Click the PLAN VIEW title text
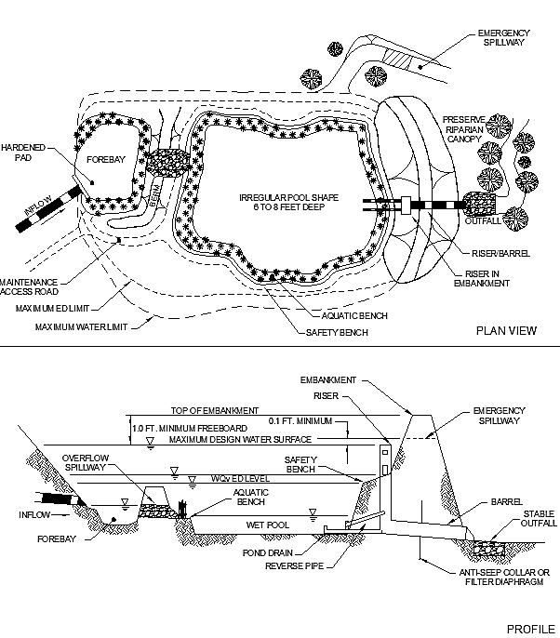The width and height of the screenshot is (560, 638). pyautogui.click(x=506, y=330)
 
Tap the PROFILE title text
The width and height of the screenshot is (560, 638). pyautogui.click(x=529, y=630)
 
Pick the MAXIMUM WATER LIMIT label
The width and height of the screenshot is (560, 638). pyautogui.click(x=82, y=326)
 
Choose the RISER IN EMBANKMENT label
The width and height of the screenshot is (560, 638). pyautogui.click(x=485, y=278)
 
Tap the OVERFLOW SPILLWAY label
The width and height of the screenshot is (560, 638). pyautogui.click(x=88, y=463)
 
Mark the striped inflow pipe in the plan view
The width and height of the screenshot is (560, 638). pyautogui.click(x=52, y=208)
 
